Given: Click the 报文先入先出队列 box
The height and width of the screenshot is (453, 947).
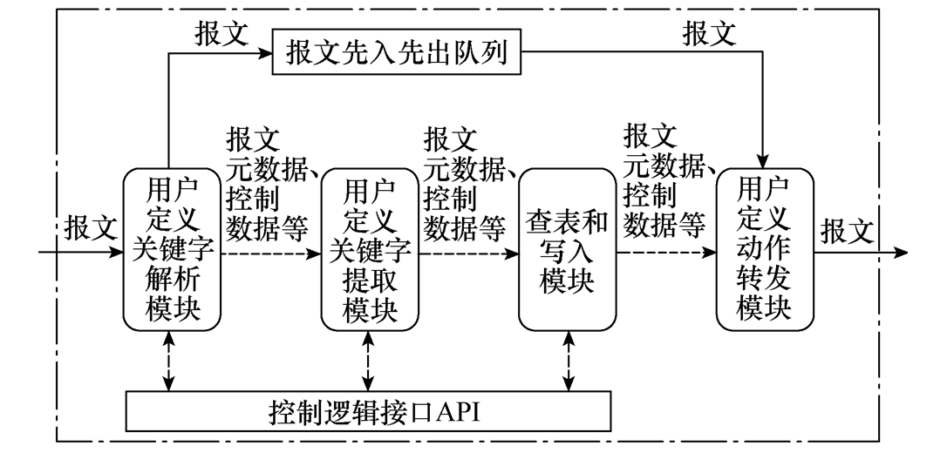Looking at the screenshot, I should coord(397,54).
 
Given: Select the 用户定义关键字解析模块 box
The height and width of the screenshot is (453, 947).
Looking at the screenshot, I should coord(172,250).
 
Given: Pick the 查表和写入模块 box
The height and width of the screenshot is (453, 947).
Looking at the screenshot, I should coord(567,250).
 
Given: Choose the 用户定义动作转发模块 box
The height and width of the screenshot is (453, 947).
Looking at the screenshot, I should coord(765,250).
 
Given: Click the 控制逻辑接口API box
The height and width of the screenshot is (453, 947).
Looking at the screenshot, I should coord(367,410).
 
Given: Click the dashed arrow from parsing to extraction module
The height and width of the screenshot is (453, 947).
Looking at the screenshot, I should coord(271,254).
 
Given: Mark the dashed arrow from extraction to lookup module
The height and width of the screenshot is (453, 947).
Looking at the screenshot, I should coord(469,254).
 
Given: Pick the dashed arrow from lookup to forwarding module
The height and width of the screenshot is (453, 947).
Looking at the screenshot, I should coord(666,254).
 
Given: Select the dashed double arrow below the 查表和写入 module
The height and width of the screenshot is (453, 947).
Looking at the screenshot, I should coord(570,362).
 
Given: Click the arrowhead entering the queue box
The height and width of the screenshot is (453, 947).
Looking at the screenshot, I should coord(265,54).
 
